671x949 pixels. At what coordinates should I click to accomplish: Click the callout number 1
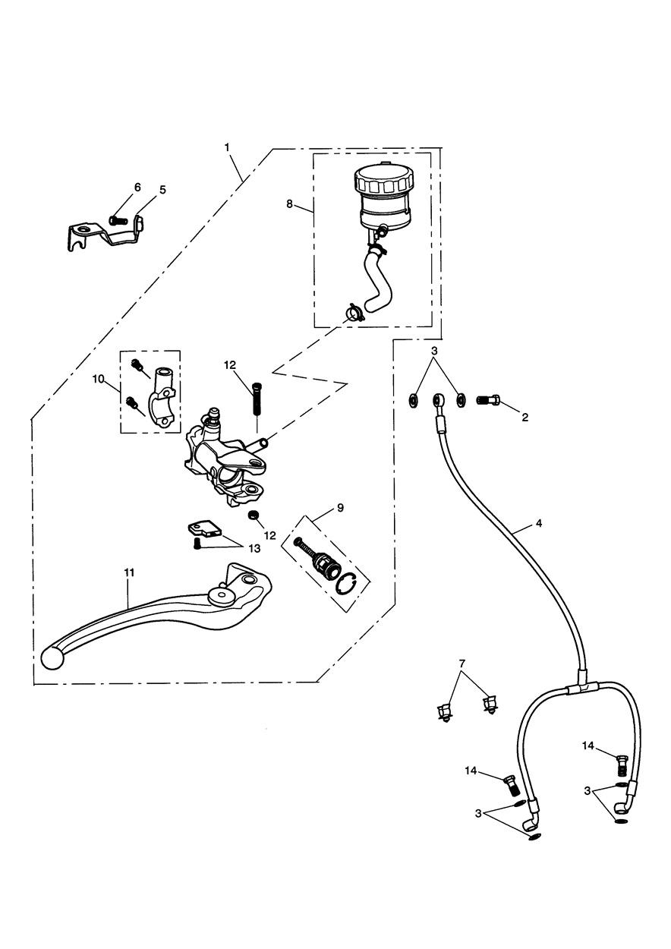tap(227, 147)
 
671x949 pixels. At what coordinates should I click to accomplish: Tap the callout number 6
tap(137, 187)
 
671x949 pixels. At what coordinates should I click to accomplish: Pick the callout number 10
tap(98, 379)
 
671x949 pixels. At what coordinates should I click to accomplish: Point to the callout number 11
tap(129, 572)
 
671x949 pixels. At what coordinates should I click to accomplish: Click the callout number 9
tap(341, 508)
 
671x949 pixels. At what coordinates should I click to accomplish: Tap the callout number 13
tap(254, 549)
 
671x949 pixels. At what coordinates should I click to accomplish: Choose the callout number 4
tap(539, 523)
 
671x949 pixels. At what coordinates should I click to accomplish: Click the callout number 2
tap(525, 418)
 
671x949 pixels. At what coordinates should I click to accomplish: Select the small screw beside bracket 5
tap(118, 220)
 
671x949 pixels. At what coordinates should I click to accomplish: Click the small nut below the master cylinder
tap(254, 515)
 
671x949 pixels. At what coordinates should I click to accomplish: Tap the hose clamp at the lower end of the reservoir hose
tap(352, 314)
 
